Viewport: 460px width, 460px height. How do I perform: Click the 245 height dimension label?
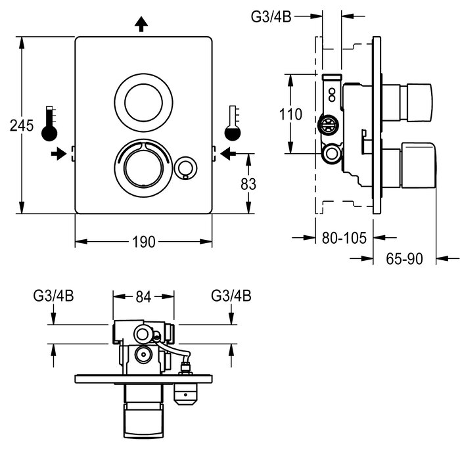click(21, 125)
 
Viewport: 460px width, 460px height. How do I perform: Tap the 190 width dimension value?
click(143, 242)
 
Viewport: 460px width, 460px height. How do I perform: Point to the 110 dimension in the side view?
click(290, 114)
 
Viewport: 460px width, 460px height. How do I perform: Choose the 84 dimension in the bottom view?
click(143, 297)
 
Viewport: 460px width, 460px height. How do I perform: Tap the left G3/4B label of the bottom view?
click(54, 296)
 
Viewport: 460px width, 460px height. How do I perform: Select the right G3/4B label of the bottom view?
click(231, 296)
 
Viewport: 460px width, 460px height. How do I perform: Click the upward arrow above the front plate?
click(141, 24)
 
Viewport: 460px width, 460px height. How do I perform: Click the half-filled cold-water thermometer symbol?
click(231, 124)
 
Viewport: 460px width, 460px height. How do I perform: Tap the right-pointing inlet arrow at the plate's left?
click(60, 154)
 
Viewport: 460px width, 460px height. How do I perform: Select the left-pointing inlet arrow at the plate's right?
click(227, 154)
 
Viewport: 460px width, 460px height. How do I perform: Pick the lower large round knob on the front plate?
click(140, 166)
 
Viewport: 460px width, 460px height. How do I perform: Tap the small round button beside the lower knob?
click(186, 168)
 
